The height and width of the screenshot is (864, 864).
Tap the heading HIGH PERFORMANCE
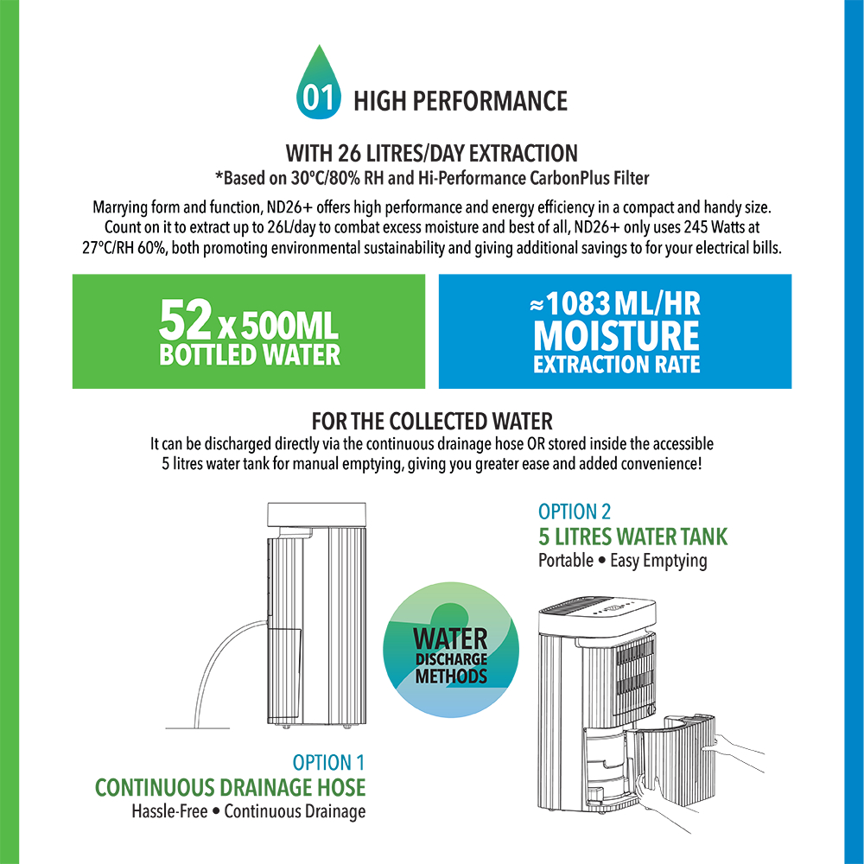pyautogui.click(x=460, y=101)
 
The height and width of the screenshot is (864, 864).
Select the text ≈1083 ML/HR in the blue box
pyautogui.click(x=615, y=304)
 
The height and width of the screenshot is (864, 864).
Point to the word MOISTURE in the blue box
pyautogui.click(x=616, y=335)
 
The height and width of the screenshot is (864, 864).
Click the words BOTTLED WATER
pyautogui.click(x=250, y=355)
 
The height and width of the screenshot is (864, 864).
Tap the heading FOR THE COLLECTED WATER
pyautogui.click(x=432, y=422)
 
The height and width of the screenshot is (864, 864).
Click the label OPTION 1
pyautogui.click(x=328, y=763)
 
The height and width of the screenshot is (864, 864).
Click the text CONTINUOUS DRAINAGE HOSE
pyautogui.click(x=230, y=788)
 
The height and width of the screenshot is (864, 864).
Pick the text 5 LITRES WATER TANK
pyautogui.click(x=632, y=537)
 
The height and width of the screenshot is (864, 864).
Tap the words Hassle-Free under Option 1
pyautogui.click(x=169, y=811)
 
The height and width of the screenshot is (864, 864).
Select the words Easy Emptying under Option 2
pyautogui.click(x=658, y=560)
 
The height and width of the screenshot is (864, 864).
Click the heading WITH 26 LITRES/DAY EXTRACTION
pyautogui.click(x=432, y=154)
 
